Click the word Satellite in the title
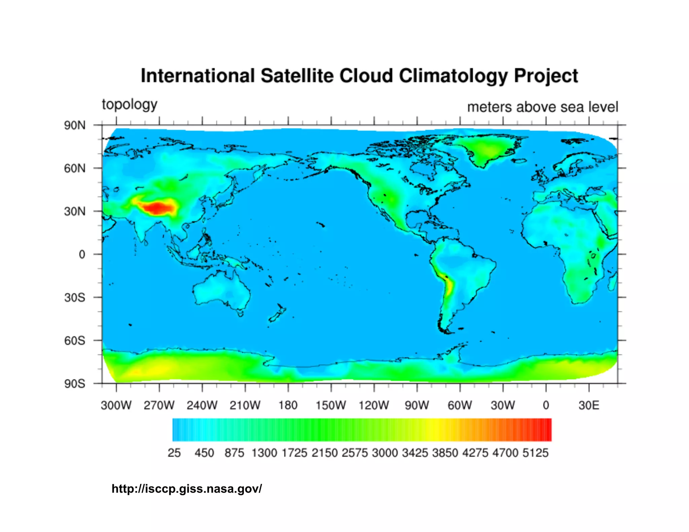[x=297, y=76]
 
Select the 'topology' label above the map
[x=130, y=105]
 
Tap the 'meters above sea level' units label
[x=542, y=107]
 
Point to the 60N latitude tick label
[x=75, y=168]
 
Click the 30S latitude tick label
[x=75, y=298]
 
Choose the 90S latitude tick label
[x=75, y=384]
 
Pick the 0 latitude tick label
[x=82, y=255]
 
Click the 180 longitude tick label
[x=288, y=405]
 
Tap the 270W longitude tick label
[x=159, y=405]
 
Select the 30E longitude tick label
[x=589, y=405]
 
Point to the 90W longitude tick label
[x=417, y=405]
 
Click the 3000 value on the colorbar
[x=385, y=453]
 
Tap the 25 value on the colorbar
[x=174, y=453]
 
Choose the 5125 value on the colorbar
[x=535, y=453]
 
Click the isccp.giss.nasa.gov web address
[x=187, y=489]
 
